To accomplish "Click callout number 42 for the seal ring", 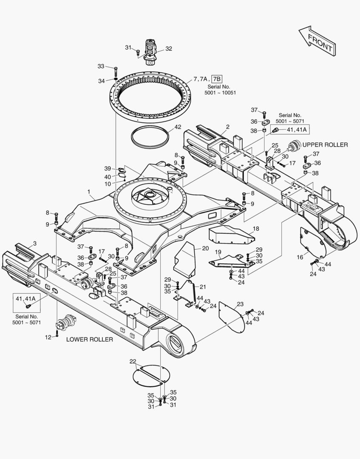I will pyautogui.click(x=177, y=127).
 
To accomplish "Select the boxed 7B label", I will pyautogui.click(x=217, y=79).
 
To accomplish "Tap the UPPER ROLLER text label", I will pyautogui.click(x=325, y=145).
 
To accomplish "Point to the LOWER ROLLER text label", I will pyautogui.click(x=89, y=339).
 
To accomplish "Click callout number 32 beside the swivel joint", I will pyautogui.click(x=168, y=49).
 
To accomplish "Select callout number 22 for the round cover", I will pyautogui.click(x=133, y=361).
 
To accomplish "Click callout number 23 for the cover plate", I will pyautogui.click(x=240, y=304).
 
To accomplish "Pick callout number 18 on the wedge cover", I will pyautogui.click(x=255, y=229).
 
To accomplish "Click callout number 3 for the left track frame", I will pyautogui.click(x=34, y=243).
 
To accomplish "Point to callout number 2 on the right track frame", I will pyautogui.click(x=228, y=127).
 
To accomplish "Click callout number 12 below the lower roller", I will pyautogui.click(x=48, y=337).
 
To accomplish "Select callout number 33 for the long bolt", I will pyautogui.click(x=101, y=66).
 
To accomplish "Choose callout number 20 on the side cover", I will pyautogui.click(x=205, y=248).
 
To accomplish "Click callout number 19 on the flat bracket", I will pyautogui.click(x=218, y=252).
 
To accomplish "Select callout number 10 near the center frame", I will pyautogui.click(x=108, y=184).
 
